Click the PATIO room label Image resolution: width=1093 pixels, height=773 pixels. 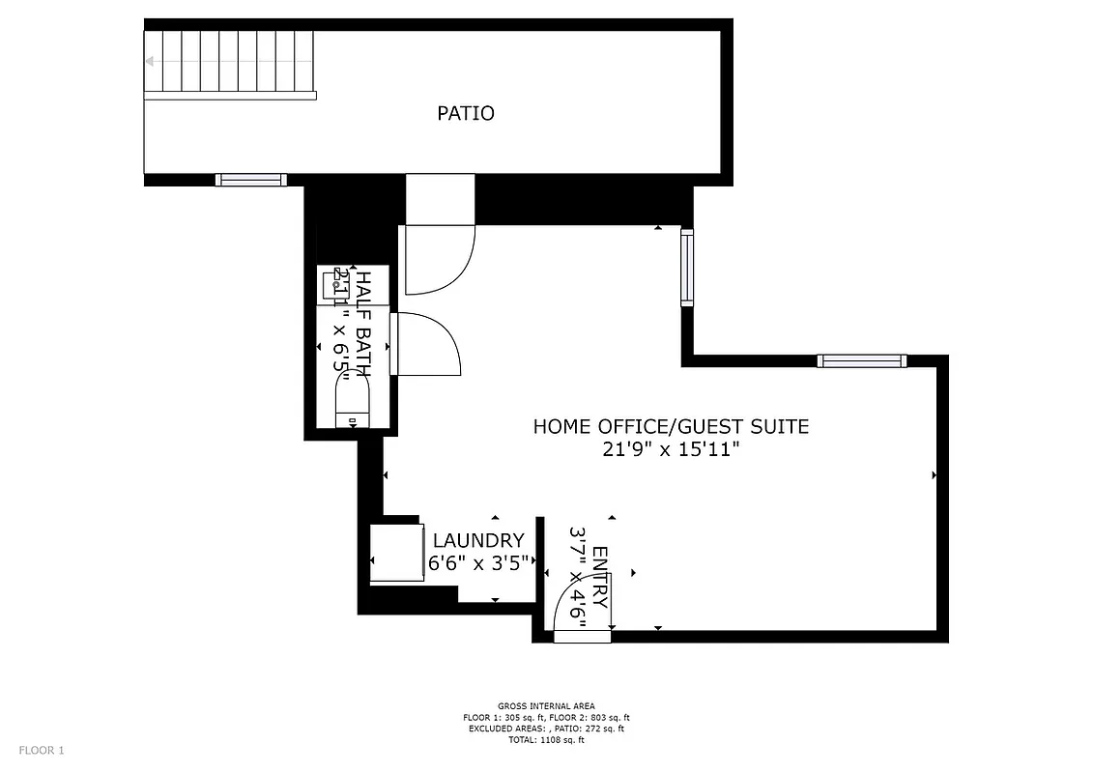click(466, 113)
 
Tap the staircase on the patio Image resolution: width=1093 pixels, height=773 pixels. click(230, 63)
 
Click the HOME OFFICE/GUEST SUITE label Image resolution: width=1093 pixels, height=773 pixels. click(671, 426)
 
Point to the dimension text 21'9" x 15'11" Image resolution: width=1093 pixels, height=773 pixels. click(671, 449)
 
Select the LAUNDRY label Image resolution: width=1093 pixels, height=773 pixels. click(478, 541)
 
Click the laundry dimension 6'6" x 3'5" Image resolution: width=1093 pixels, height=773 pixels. click(478, 563)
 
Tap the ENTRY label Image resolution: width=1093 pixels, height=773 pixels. click(600, 578)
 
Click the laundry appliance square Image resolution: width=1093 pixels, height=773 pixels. click(397, 552)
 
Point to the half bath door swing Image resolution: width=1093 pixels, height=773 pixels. click(429, 343)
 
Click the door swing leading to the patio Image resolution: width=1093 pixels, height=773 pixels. click(439, 259)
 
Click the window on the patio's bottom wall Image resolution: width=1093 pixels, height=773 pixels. click(251, 180)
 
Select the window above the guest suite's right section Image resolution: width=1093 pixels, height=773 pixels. click(860, 361)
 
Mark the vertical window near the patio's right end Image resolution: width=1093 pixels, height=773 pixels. click(687, 268)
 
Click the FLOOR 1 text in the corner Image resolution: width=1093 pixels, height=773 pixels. click(42, 750)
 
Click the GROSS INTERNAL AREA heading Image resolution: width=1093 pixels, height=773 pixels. click(546, 705)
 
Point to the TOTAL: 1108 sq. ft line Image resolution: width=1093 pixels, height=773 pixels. click(546, 740)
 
